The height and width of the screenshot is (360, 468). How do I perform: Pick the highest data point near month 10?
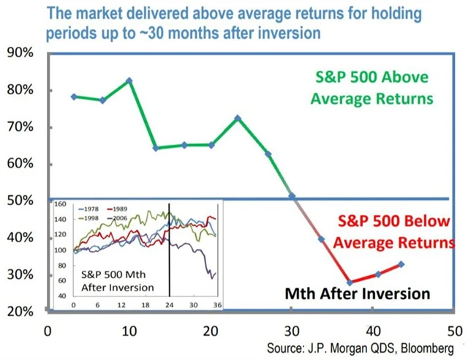(x=129, y=80)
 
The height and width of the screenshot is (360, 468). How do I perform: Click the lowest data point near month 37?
(x=350, y=282)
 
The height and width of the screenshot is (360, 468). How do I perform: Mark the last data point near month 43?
(x=401, y=264)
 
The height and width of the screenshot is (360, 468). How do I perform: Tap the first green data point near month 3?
(x=75, y=97)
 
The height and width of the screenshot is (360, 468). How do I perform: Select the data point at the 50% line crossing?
(x=292, y=196)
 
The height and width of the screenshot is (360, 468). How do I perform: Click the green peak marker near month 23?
(x=238, y=118)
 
